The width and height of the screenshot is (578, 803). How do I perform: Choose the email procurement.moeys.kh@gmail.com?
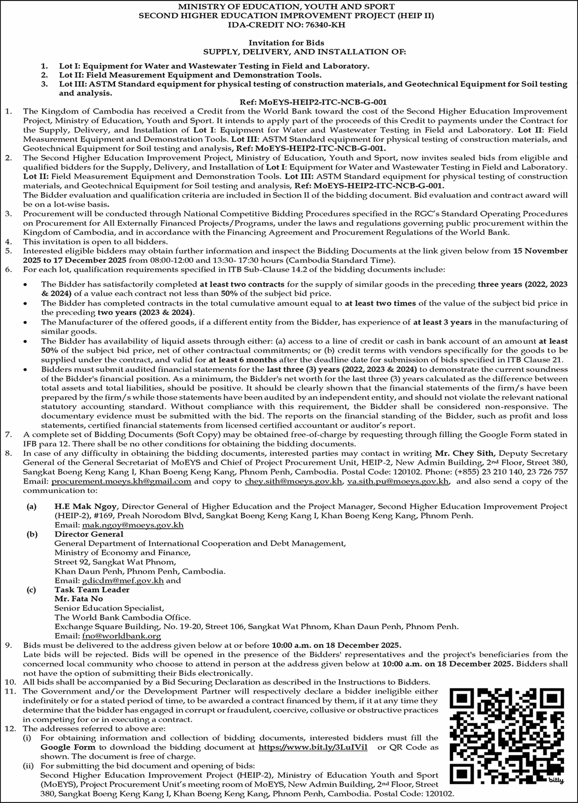[121, 481]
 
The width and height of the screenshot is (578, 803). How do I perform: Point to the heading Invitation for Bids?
[286, 43]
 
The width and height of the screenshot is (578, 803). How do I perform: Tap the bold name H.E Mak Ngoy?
[86, 507]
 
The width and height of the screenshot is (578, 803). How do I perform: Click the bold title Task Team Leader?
[92, 590]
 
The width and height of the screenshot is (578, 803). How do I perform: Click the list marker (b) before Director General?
[31, 534]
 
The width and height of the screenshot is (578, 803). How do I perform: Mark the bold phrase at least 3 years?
[442, 322]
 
